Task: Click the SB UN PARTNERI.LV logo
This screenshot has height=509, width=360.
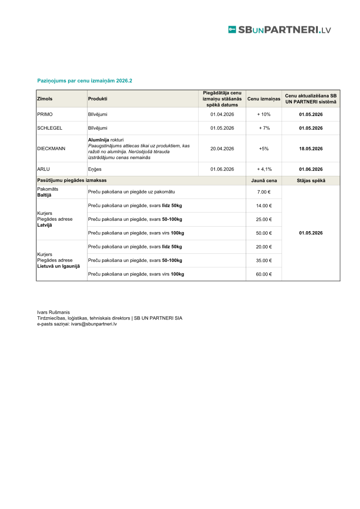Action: pyautogui.click(x=279, y=30)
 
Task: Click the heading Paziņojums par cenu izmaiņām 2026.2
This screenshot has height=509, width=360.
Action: pyautogui.click(x=84, y=81)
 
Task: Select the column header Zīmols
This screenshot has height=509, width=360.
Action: pyautogui.click(x=44, y=99)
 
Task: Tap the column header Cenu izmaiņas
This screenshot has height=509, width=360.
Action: pyautogui.click(x=264, y=99)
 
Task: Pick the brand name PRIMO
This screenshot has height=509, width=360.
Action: pyautogui.click(x=45, y=114)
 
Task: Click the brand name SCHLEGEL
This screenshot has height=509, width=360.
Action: pyautogui.click(x=49, y=128)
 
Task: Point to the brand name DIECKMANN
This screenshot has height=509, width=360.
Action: pyautogui.click(x=51, y=149)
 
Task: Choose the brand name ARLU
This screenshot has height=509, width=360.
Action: pyautogui.click(x=44, y=169)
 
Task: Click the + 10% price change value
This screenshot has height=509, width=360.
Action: pyautogui.click(x=264, y=114)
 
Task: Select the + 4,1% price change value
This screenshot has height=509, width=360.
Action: pyautogui.click(x=264, y=169)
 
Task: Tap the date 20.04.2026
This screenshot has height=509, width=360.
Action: pyautogui.click(x=222, y=149)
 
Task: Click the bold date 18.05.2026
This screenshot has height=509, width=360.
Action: pyautogui.click(x=311, y=149)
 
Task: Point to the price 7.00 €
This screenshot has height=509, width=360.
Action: pyautogui.click(x=264, y=192)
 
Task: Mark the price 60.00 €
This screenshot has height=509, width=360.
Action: pyautogui.click(x=264, y=274)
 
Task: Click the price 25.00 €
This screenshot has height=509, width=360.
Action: pyautogui.click(x=264, y=219)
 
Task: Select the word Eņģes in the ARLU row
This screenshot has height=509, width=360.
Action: pyautogui.click(x=95, y=169)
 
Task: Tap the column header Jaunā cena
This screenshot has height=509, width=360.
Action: pyautogui.click(x=264, y=180)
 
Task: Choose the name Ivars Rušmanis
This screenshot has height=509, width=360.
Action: pyautogui.click(x=54, y=312)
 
